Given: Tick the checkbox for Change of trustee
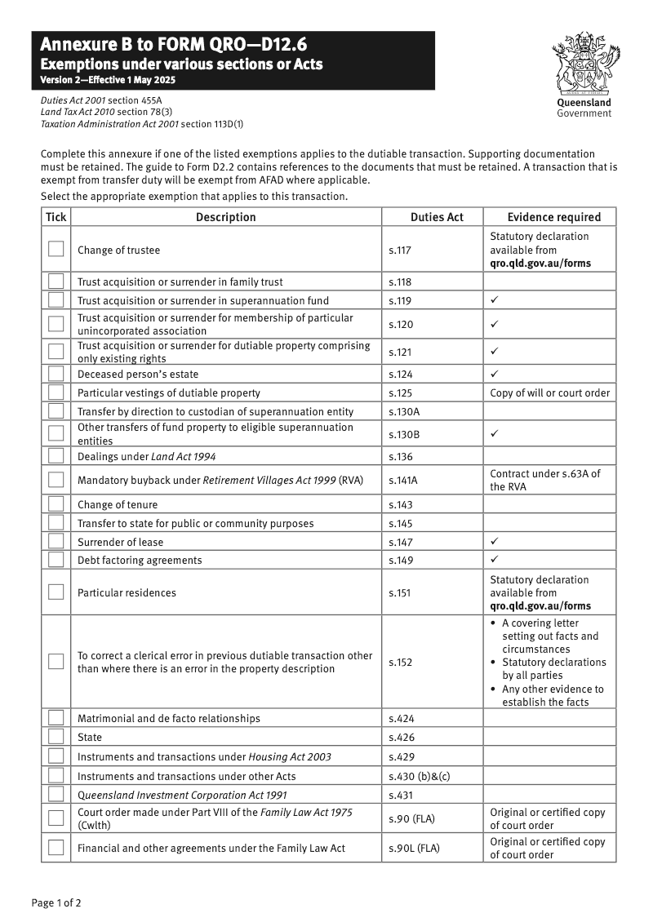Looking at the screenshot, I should tap(56, 249).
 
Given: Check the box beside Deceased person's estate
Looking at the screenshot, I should tap(56, 374).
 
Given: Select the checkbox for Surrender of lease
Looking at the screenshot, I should tap(56, 541).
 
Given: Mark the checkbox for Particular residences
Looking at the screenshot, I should tap(56, 592).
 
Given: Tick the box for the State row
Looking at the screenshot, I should tap(56, 736).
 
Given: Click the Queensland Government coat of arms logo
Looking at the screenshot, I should tap(584, 65).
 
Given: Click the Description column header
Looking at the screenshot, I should tap(226, 217).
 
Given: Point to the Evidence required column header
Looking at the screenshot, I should tap(553, 217).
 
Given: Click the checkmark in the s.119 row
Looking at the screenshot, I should tap(495, 300).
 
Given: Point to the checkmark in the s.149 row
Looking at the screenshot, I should tap(495, 560).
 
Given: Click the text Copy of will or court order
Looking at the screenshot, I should tap(549, 392).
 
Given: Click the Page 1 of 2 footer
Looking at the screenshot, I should tap(56, 902).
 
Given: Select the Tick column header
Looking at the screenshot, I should tap(56, 217).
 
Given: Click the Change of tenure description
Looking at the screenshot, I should tap(118, 504).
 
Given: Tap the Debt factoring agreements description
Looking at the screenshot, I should tap(139, 560).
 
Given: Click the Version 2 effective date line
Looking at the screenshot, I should tap(108, 80).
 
